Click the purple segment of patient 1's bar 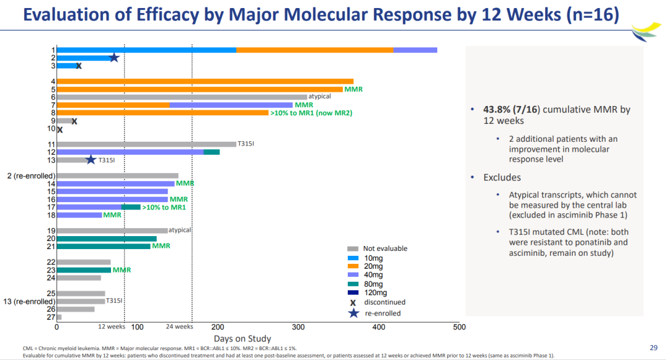415,50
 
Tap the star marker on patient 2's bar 114,57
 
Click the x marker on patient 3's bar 79,65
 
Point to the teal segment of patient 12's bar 212,152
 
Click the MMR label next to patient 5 353,89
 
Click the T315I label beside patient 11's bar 245,144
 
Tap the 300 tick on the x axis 298,327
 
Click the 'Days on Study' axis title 242,338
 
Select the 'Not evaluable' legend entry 385,248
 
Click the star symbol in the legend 353,313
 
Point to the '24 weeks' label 179,327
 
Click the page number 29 654,347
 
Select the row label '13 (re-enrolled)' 30,301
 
